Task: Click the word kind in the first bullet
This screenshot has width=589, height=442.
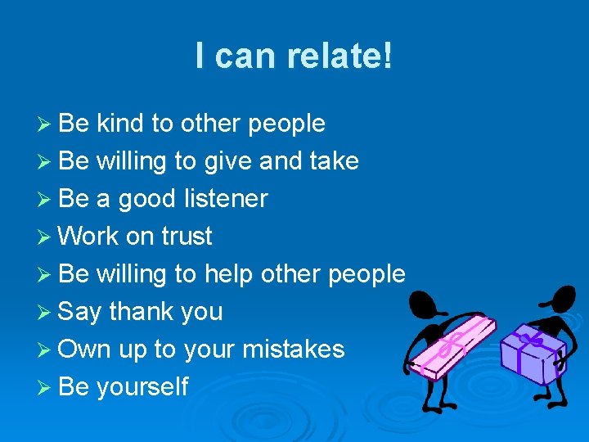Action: tap(120, 124)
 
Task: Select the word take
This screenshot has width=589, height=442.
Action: tap(333, 161)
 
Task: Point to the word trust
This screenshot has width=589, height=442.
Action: tap(187, 237)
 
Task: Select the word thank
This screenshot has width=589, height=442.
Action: tap(144, 312)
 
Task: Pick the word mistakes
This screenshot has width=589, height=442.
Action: tap(292, 350)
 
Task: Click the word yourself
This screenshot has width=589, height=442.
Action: tap(142, 387)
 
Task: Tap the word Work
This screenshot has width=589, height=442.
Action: tap(88, 237)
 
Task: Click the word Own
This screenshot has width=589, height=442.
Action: tap(85, 350)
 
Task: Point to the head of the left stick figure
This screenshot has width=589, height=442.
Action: tap(423, 306)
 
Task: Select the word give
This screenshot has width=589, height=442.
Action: tap(228, 161)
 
